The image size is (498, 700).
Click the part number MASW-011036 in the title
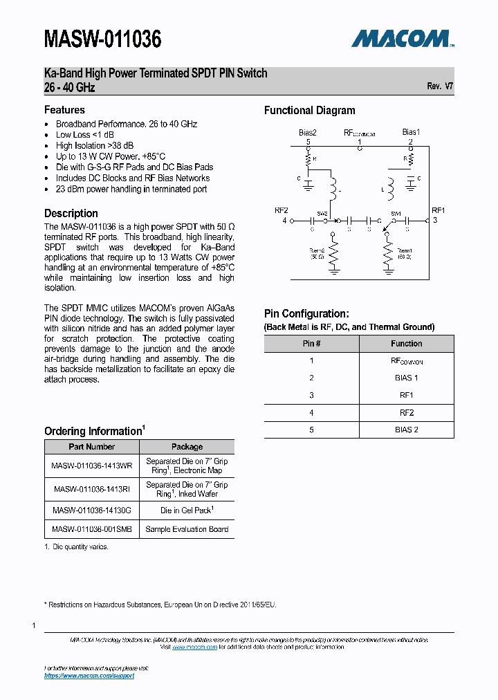tap(102, 39)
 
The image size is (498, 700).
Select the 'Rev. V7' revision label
tap(440, 86)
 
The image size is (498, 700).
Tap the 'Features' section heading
tap(64, 110)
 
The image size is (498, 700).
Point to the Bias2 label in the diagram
tap(308, 132)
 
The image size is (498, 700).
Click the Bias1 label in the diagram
tap(411, 132)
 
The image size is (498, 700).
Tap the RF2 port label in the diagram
tap(281, 210)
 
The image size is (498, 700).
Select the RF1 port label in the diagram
tap(438, 210)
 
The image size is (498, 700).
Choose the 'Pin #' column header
tap(311, 344)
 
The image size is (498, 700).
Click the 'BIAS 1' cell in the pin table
tap(406, 378)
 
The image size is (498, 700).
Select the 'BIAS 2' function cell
tap(406, 430)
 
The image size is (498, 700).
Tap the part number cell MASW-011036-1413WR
tap(92, 466)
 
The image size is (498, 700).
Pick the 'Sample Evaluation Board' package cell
tap(187, 529)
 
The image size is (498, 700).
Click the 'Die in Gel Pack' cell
tap(187, 510)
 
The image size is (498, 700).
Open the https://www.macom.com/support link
tap(89, 676)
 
